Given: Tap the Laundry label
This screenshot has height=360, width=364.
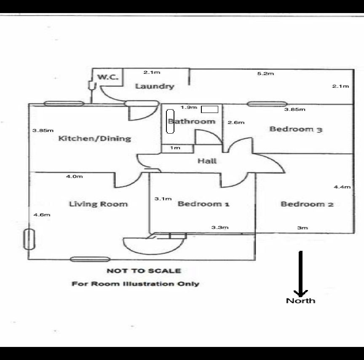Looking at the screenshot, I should (154, 86).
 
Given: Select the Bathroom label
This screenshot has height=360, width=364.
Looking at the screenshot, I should (192, 121).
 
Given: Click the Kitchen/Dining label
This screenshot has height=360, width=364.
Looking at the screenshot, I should (94, 138).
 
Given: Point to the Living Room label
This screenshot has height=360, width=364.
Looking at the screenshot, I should (98, 204).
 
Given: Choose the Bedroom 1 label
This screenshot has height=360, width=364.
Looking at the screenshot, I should (203, 204).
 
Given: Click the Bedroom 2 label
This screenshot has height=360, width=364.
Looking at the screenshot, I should (307, 204).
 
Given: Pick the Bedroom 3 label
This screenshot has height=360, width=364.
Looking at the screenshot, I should (296, 129).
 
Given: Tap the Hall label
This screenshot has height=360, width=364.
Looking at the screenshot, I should (207, 161).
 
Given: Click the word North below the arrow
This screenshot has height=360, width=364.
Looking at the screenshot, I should (300, 301).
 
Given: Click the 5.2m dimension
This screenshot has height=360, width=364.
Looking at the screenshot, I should (265, 74).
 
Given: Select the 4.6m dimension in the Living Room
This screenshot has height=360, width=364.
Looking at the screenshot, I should (42, 215).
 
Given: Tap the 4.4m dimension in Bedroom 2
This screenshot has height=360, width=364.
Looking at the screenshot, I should (342, 187).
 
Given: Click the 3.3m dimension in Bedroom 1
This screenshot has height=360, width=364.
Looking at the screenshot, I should (220, 228).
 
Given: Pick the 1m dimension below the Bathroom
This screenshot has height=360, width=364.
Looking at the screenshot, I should (175, 148).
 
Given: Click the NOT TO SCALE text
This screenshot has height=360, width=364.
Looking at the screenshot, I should (144, 271).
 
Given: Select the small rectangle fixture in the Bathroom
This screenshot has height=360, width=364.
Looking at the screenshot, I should (209, 110).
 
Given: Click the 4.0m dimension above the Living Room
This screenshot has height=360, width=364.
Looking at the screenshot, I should (74, 177).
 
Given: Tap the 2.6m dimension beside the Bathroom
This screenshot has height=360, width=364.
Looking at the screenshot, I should (236, 123).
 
